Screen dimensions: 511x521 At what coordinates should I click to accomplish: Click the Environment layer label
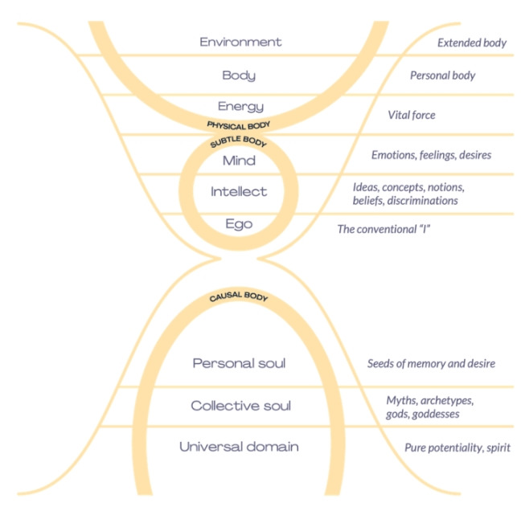point(240,41)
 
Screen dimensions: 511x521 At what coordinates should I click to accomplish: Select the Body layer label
point(239,76)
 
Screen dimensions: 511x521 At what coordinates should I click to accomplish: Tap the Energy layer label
point(240,107)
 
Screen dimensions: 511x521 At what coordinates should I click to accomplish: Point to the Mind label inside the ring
point(239,161)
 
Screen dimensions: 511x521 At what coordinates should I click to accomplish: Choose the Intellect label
point(239,192)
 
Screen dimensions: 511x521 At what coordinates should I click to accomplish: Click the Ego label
point(239,224)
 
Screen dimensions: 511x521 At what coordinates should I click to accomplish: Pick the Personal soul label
point(239,364)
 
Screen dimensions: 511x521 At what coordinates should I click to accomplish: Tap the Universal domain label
point(239,447)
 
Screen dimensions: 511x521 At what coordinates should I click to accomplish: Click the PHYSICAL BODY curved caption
point(238,125)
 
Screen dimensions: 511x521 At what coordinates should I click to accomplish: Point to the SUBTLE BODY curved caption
point(238,143)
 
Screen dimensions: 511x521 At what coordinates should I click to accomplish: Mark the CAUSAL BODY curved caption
point(238,298)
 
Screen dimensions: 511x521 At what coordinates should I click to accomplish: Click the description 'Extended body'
point(471,43)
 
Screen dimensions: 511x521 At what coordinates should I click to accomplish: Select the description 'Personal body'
point(442,76)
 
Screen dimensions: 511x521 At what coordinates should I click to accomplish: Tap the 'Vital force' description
point(411,116)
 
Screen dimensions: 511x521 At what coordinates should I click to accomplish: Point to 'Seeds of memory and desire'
point(430,364)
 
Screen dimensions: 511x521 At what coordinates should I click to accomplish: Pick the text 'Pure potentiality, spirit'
point(446,447)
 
